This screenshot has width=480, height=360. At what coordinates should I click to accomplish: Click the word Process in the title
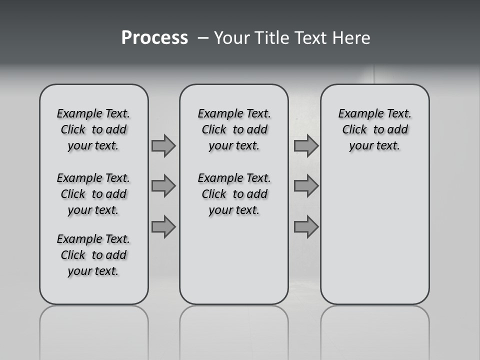pyautogui.click(x=154, y=38)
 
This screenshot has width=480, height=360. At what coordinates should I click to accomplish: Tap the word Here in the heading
pyautogui.click(x=350, y=38)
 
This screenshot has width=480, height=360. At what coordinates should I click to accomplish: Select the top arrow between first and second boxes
pyautogui.click(x=163, y=145)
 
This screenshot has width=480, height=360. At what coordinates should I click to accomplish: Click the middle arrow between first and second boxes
pyautogui.click(x=163, y=186)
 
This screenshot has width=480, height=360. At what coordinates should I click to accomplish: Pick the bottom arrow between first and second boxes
pyautogui.click(x=163, y=227)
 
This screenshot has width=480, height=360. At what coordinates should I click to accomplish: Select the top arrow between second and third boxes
pyautogui.click(x=306, y=145)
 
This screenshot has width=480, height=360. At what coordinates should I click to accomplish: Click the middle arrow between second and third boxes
pyautogui.click(x=306, y=186)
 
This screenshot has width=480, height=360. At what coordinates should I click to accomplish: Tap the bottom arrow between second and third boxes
pyautogui.click(x=306, y=227)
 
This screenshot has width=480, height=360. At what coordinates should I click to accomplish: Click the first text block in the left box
pyautogui.click(x=93, y=129)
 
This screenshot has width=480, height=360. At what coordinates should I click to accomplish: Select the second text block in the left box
pyautogui.click(x=93, y=194)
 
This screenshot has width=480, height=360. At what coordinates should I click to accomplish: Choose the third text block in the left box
pyautogui.click(x=93, y=255)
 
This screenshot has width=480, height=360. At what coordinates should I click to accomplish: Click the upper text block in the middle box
pyautogui.click(x=234, y=129)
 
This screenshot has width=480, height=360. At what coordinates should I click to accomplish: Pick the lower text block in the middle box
pyautogui.click(x=234, y=194)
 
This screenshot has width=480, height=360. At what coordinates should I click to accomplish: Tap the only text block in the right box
pyautogui.click(x=374, y=129)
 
